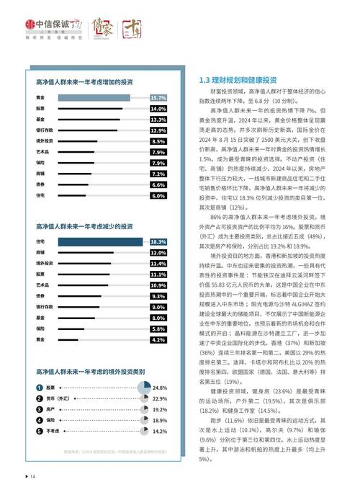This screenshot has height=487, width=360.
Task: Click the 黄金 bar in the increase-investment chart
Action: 83,97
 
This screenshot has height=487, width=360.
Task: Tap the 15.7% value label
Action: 158,97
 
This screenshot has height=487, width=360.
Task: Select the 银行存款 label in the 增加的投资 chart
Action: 45,130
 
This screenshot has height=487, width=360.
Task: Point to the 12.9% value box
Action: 158,130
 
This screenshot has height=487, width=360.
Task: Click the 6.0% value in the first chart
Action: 158,195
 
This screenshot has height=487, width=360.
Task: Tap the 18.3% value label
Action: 158,243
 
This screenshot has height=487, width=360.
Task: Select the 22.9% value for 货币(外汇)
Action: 159,398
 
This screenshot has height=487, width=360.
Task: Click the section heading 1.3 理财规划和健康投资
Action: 237,79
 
